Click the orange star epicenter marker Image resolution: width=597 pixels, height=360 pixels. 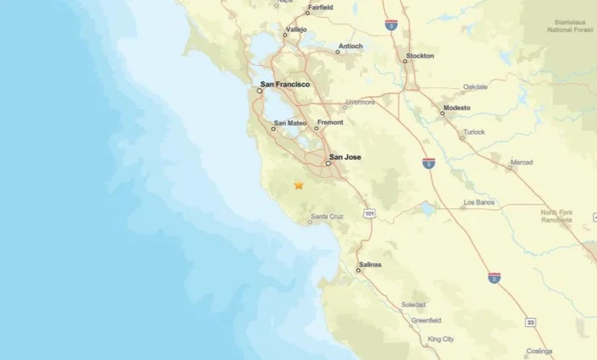coord(298,185)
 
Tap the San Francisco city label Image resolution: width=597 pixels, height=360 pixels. coord(285,85)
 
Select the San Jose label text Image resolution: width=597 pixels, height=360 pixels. coord(345,157)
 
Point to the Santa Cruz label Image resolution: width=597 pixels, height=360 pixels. coord(326,217)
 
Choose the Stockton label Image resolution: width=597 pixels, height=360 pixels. coord(420,56)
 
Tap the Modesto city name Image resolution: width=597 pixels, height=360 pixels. coord(457,108)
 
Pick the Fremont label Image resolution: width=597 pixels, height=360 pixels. coord(331,123)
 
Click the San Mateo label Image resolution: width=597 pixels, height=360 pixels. coord(291,123)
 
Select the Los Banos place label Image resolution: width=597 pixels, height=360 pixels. coord(479,203)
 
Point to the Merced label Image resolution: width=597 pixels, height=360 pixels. coord(521,162)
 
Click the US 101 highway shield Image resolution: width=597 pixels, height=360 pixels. coord(370,213)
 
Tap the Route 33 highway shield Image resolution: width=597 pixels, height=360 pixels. coord(530,322)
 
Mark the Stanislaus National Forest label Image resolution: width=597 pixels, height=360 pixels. coord(570,27)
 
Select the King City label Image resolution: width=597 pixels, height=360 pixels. coord(441,339)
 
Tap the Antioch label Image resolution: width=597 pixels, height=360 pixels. coord(350,45)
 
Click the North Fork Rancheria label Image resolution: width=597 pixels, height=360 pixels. coord(556,216)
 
